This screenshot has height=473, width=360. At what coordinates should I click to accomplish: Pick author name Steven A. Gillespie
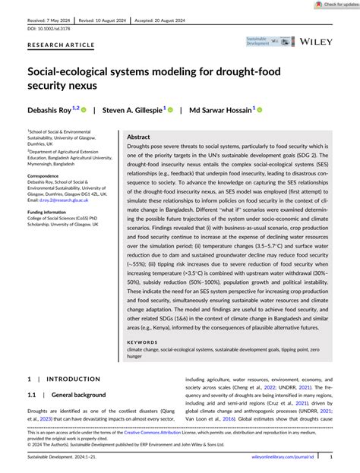pos(132,109)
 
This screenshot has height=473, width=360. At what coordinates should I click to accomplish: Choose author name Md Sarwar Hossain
pos(222,109)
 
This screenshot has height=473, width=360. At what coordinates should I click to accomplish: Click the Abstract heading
pos(139,137)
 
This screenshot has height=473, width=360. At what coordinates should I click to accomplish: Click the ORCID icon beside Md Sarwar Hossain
pos(259,109)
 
